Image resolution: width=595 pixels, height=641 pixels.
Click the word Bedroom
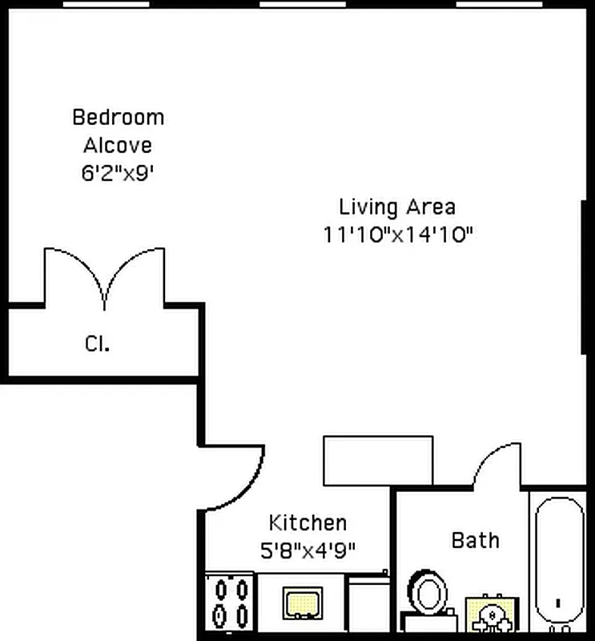click(x=118, y=117)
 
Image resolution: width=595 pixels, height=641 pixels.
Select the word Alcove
click(x=118, y=145)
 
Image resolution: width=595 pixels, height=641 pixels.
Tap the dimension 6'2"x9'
click(x=118, y=173)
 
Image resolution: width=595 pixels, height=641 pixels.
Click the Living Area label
click(x=397, y=207)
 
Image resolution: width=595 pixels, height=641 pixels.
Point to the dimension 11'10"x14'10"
click(x=397, y=235)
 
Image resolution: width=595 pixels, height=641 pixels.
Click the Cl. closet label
click(x=97, y=344)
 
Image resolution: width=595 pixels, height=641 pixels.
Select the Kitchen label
click(x=308, y=523)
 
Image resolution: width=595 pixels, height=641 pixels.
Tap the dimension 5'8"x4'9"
click(x=308, y=550)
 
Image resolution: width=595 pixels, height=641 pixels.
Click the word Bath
click(x=476, y=540)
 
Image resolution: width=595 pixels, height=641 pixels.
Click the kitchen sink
click(x=303, y=603)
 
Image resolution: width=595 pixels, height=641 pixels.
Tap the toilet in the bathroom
click(x=427, y=597)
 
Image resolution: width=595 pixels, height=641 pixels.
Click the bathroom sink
click(x=489, y=615)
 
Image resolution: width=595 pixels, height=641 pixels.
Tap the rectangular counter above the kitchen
click(x=377, y=461)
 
